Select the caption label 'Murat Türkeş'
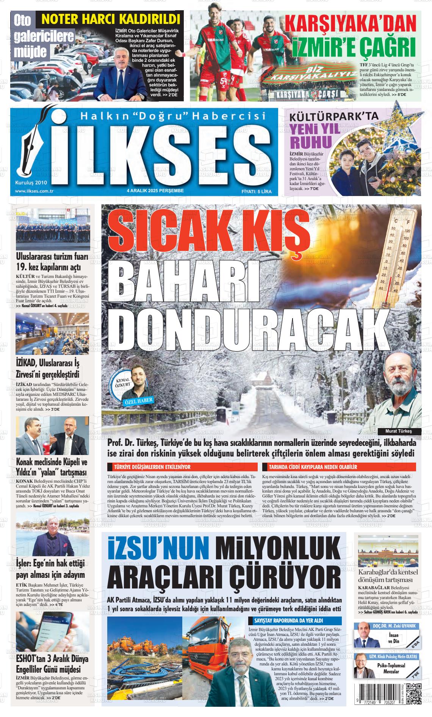pos(398,431)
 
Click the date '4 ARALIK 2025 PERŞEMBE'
pos(155,191)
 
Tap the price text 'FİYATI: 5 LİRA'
pos(257,191)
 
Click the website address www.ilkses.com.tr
pos(33,191)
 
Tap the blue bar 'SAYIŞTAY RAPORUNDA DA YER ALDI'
pos(296,621)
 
